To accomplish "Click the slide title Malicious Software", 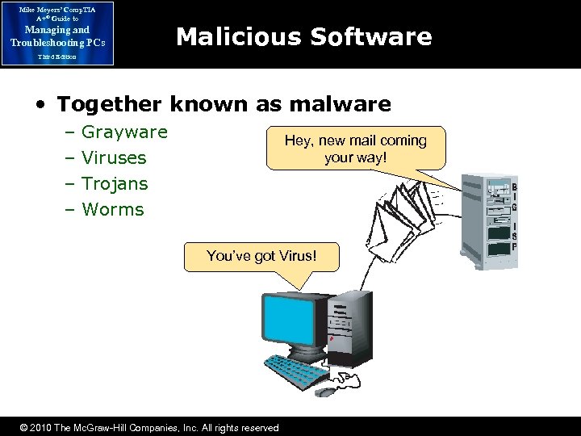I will pyautogui.click(x=303, y=36).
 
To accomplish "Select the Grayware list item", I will pyautogui.click(x=124, y=132).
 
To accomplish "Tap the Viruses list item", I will pyautogui.click(x=114, y=157).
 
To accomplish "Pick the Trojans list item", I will pyautogui.click(x=115, y=183).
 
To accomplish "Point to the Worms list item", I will pyautogui.click(x=112, y=209).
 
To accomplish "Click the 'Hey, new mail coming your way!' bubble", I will pyautogui.click(x=355, y=148).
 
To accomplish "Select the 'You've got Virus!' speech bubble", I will pyautogui.click(x=261, y=257).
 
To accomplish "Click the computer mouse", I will pyautogui.click(x=326, y=392).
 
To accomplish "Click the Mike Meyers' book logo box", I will pyautogui.click(x=57, y=33).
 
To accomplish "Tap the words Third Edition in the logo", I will pyautogui.click(x=56, y=57).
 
